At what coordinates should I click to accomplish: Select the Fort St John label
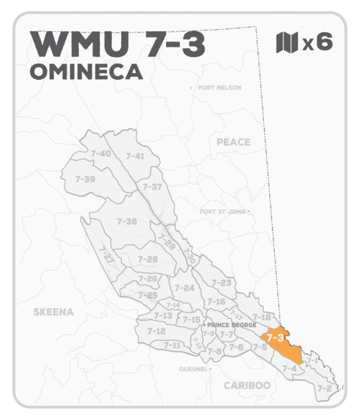tap(223, 212)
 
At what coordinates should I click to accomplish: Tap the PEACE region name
tap(232, 142)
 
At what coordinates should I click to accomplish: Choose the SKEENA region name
tap(53, 312)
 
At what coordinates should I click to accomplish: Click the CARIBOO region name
tap(247, 385)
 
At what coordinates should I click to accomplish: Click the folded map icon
tap(286, 43)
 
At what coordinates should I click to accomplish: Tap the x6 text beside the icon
tap(317, 43)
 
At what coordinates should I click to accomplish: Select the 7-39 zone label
tap(85, 179)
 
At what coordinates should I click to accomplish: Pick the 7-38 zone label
tap(127, 221)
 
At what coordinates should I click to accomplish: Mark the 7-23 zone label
tap(221, 283)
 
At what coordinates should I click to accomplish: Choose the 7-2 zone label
tap(324, 389)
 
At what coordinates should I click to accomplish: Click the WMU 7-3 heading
tap(117, 44)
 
